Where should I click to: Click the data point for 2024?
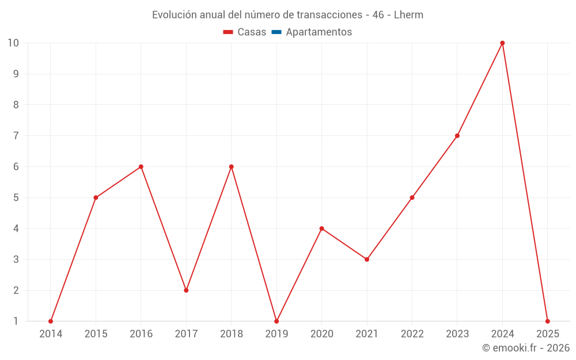point(502,43)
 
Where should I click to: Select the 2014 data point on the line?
point(51,321)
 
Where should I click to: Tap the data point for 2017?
point(186,290)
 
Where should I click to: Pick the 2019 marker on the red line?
point(276,321)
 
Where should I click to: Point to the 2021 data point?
point(367,259)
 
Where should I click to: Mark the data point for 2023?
point(457,136)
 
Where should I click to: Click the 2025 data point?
point(547,321)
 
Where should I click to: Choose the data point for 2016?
point(141,166)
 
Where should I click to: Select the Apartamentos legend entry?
point(319,32)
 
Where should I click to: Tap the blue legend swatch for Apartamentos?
point(276,32)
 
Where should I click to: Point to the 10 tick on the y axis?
point(13,43)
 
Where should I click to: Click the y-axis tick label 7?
point(16,136)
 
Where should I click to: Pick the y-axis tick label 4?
point(16,229)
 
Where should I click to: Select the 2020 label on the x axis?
point(322,334)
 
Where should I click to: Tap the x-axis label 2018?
point(232,334)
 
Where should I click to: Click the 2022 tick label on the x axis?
point(412,334)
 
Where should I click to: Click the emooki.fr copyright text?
point(526,348)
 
